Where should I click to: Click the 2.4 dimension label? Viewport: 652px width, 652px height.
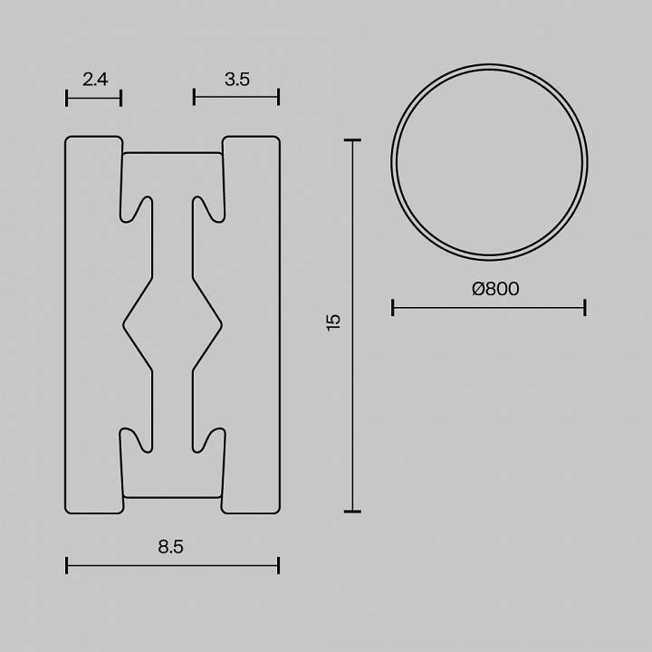coord(95,80)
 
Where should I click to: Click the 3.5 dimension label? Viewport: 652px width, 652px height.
coord(237,80)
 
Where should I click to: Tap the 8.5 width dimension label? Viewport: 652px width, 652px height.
coord(170,546)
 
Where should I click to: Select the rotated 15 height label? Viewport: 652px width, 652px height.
coord(333,321)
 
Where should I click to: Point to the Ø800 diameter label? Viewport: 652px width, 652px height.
coord(495,289)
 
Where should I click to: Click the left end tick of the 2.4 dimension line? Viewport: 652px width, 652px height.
coord(67,98)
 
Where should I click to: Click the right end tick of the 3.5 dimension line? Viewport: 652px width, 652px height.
coord(278,97)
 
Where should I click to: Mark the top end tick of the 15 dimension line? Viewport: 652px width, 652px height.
coord(352,140)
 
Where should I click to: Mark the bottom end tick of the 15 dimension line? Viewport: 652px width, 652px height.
coord(352,512)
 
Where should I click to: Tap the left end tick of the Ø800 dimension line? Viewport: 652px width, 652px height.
coord(392,308)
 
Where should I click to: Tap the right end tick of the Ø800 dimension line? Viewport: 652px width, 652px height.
coord(585,308)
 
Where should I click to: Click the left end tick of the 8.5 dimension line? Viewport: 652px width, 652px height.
coord(67,566)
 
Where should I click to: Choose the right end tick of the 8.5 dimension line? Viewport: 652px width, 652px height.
coord(278,566)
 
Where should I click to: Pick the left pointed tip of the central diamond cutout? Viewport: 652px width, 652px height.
coord(125,323)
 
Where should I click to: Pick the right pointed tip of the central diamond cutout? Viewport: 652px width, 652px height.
coord(220,323)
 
